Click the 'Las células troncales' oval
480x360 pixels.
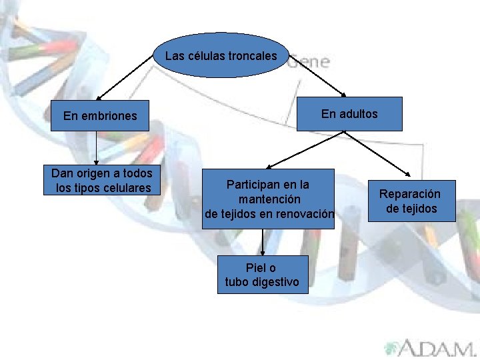click(x=221, y=56)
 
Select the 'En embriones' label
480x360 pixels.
click(x=100, y=116)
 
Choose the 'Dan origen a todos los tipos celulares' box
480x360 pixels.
click(x=102, y=181)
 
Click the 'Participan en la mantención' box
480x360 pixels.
click(x=268, y=199)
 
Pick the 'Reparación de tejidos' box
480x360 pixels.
click(x=411, y=201)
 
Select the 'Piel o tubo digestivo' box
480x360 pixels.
click(x=262, y=275)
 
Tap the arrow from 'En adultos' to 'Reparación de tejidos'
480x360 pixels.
click(x=378, y=155)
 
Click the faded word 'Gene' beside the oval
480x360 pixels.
click(x=309, y=62)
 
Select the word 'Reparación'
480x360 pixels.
click(x=410, y=194)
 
